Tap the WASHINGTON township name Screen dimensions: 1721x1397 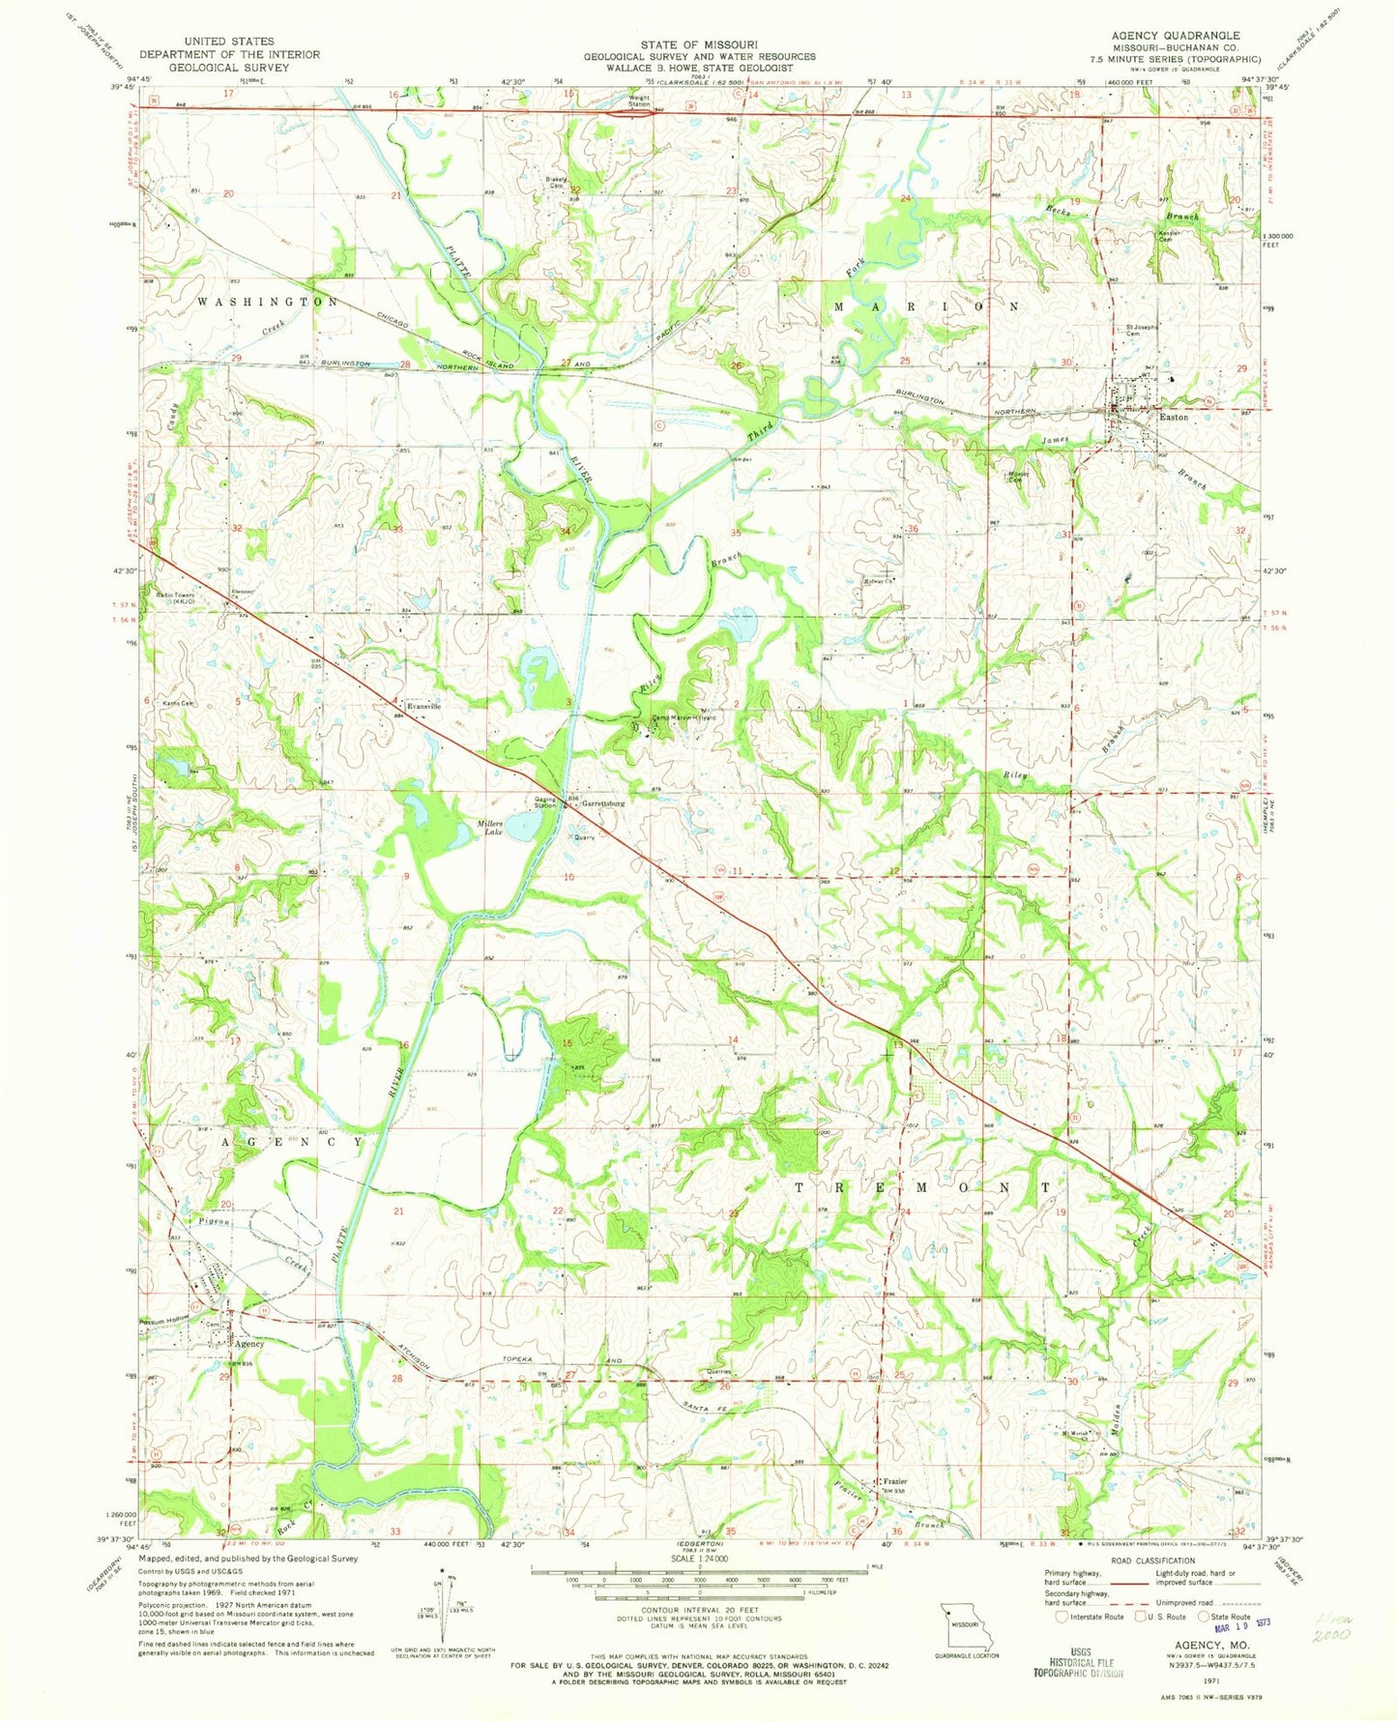click(x=269, y=303)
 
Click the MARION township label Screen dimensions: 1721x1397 click(x=925, y=306)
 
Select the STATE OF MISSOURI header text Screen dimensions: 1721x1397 click(x=699, y=44)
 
